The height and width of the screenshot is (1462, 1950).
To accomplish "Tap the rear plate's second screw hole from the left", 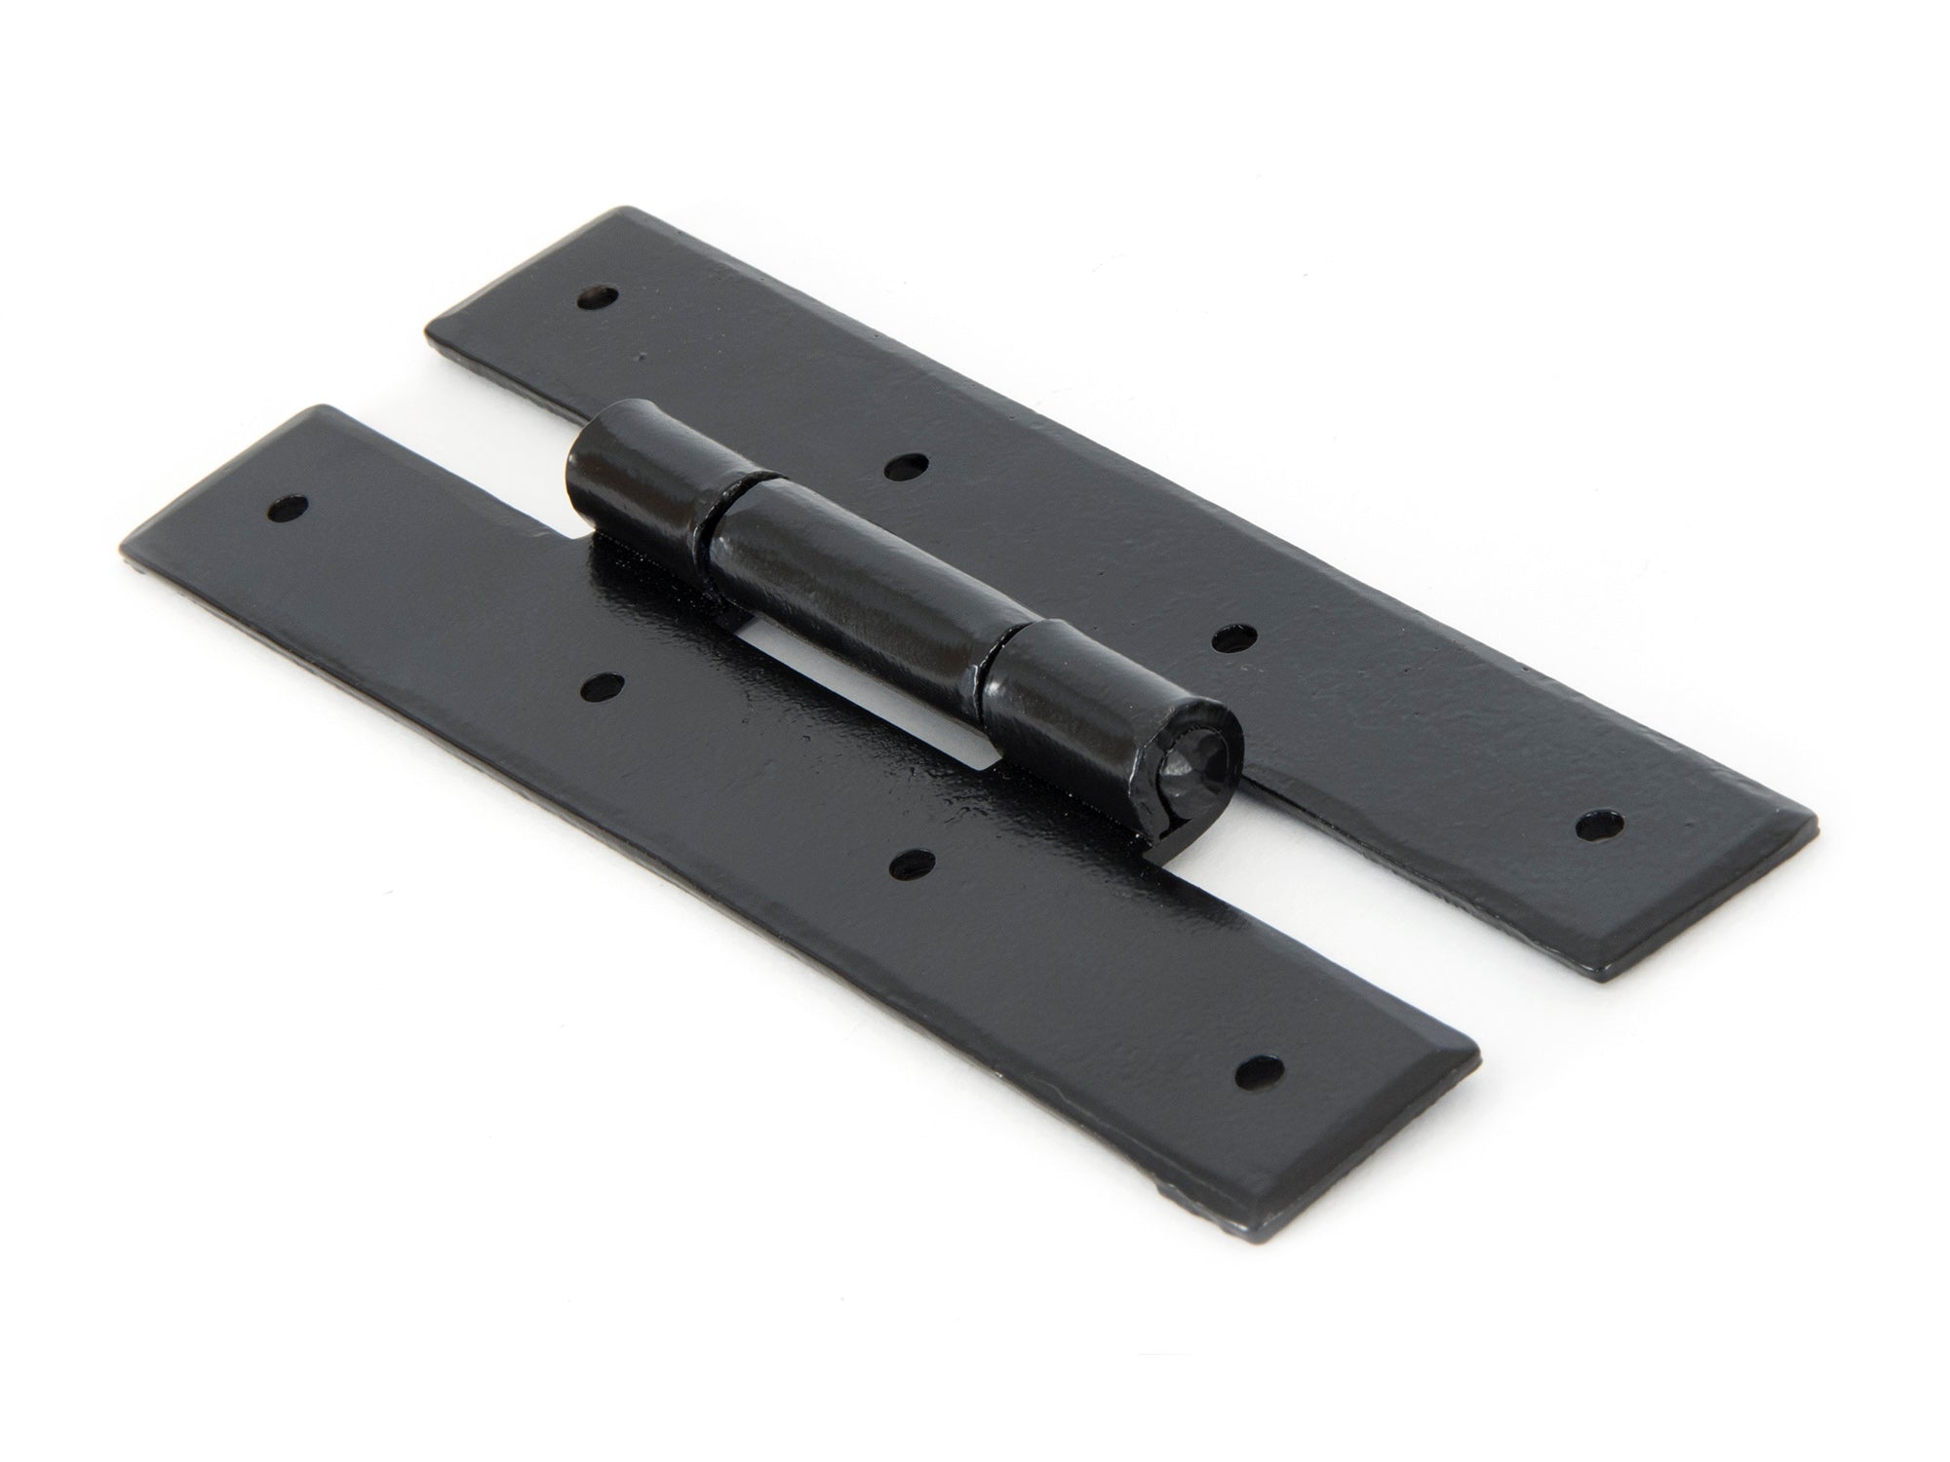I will tap(904, 468).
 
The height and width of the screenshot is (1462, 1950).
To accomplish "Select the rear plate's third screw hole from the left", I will tap(1231, 640).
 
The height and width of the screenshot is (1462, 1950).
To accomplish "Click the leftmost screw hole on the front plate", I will tap(286, 507).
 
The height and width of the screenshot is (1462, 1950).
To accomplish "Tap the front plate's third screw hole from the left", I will tap(911, 862).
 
